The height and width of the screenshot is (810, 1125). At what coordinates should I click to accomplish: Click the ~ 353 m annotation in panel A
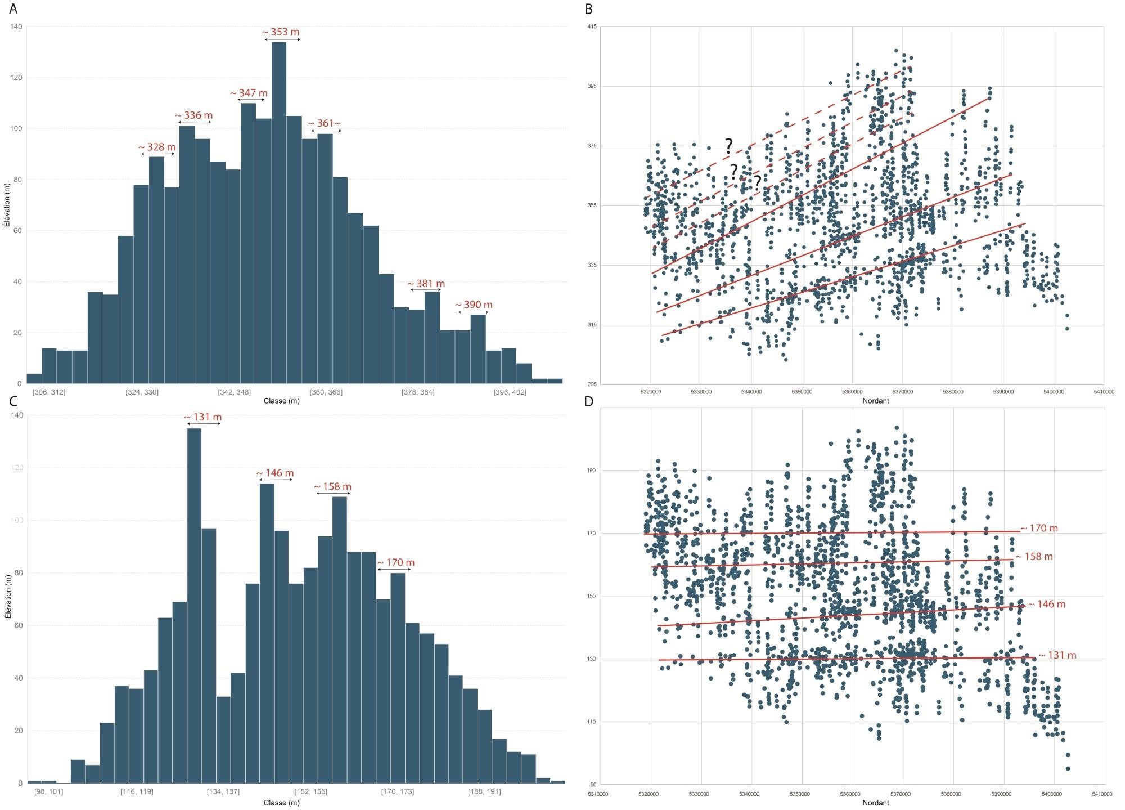click(281, 32)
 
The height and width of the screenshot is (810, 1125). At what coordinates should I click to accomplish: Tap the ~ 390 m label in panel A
click(474, 305)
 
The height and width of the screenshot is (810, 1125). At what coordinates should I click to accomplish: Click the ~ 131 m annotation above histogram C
click(203, 418)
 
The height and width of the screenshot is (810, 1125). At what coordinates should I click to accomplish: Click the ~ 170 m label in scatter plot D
click(1039, 529)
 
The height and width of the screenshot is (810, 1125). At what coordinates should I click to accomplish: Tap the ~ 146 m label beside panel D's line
click(1047, 605)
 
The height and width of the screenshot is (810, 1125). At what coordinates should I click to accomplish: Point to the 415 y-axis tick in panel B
click(592, 27)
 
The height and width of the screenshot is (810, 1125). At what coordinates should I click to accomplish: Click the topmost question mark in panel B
click(729, 146)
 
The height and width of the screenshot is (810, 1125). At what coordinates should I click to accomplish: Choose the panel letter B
click(589, 9)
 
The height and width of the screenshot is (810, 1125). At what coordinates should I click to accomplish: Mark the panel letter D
click(589, 401)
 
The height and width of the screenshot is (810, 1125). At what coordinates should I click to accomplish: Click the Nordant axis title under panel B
click(875, 401)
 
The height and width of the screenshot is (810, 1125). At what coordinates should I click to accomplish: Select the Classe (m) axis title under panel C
click(281, 803)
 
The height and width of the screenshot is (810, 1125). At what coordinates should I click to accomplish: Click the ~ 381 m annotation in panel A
click(426, 284)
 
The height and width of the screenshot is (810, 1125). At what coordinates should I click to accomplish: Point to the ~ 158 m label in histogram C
click(333, 487)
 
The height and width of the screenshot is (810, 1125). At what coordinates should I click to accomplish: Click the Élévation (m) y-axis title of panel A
click(7, 205)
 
